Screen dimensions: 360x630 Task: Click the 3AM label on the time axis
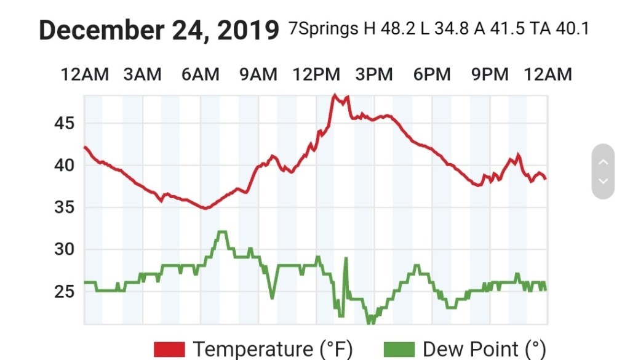(142, 74)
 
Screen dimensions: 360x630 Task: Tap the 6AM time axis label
(200, 74)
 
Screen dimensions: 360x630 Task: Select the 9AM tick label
(258, 74)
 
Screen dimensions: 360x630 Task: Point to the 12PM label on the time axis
(316, 74)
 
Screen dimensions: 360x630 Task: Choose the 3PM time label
(374, 74)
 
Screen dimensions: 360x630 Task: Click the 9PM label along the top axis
(490, 74)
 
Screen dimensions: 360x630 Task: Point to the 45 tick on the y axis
(64, 124)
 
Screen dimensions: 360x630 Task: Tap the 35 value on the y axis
(64, 207)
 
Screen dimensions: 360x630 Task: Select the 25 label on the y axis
(64, 292)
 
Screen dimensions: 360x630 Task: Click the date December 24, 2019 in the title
(159, 30)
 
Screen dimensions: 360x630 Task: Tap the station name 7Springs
(323, 29)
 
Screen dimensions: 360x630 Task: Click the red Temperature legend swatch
(169, 350)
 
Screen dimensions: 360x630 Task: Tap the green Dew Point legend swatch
(400, 350)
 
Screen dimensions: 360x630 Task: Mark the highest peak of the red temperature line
(334, 95)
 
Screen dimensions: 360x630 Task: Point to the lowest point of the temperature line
(205, 209)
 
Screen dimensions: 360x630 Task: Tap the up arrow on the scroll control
(603, 162)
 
